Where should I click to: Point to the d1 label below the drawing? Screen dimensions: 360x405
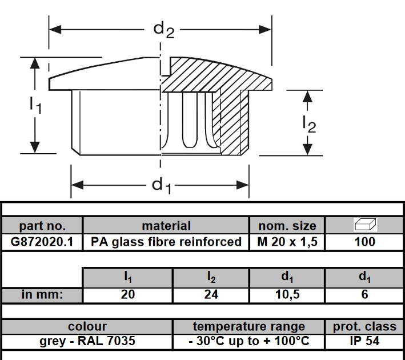point(162,186)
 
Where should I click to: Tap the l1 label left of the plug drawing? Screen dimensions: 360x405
point(35,105)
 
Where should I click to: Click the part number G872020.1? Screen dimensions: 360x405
point(42,242)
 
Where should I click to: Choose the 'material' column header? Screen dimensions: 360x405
point(166,226)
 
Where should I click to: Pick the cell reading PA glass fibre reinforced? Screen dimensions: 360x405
point(166,242)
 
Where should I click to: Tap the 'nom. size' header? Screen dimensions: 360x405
point(287,226)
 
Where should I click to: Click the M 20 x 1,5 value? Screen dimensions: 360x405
point(287,242)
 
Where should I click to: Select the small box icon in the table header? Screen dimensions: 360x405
point(364,225)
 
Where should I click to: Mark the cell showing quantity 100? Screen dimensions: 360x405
point(364,242)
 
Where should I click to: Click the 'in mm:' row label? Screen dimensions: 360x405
point(42,295)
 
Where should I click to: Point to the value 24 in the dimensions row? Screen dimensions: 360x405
point(211,295)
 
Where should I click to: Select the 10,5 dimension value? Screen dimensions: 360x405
point(287,295)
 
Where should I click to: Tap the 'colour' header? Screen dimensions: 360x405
point(87,327)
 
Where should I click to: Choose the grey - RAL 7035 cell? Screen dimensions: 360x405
point(87,342)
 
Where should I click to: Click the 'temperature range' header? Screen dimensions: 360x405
point(248,327)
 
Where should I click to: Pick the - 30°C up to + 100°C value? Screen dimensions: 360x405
point(248,342)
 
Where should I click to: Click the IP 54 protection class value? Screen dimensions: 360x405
point(364,342)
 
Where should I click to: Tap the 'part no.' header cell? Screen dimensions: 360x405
point(42,226)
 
